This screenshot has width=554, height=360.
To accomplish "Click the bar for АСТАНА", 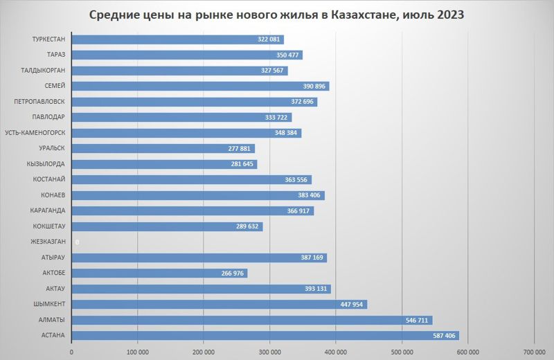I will pos(265,336).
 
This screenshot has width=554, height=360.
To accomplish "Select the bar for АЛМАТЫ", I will pos(251,320).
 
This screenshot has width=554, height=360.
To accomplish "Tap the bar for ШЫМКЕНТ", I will pos(219,305).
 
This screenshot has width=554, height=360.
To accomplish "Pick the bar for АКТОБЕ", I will pos(159,273).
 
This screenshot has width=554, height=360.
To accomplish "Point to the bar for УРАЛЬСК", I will pos(163,148).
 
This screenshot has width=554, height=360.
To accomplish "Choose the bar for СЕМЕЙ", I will pos(200,86).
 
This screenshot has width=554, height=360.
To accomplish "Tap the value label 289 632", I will pos(247,226).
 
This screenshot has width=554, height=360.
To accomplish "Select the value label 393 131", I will pos(314,289).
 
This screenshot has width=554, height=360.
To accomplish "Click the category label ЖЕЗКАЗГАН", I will pos(48,242).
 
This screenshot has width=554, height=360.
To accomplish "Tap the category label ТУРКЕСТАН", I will pos(48,39).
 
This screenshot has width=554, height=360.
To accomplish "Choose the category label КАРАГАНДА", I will pos(48,210).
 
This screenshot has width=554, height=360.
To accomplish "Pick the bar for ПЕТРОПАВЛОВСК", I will pos(194,102).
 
